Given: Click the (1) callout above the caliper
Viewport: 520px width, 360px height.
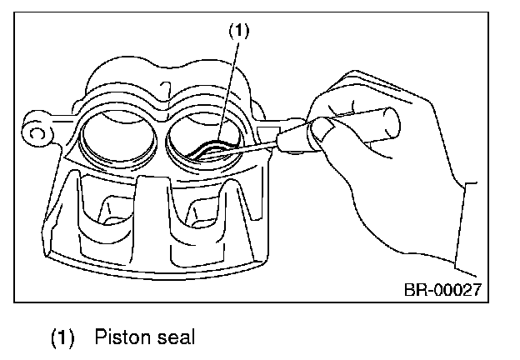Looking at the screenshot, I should point(239,31).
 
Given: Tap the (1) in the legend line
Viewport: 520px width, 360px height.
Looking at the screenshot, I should point(63,337).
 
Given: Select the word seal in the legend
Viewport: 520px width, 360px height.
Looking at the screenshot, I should point(174,337).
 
